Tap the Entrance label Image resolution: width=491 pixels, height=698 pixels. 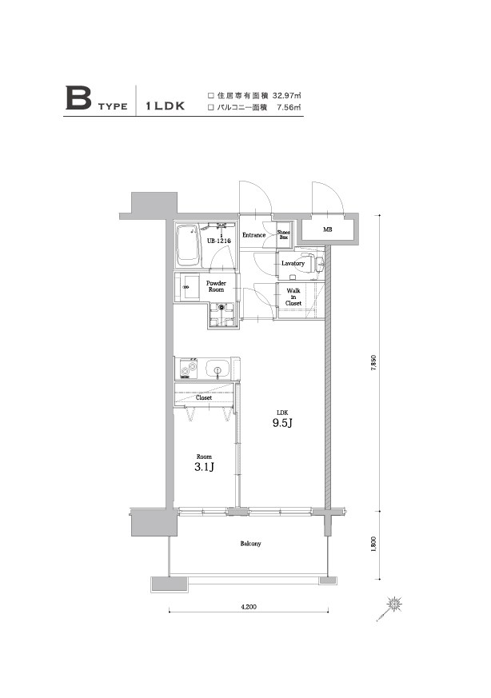click(x=255, y=235)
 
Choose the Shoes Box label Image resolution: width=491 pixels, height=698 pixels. click(x=284, y=234)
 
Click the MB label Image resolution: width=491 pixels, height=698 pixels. click(x=327, y=230)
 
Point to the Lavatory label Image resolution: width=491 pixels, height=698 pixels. click(x=292, y=263)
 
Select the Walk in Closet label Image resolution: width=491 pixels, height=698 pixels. click(x=293, y=297)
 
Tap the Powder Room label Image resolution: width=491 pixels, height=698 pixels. click(x=217, y=286)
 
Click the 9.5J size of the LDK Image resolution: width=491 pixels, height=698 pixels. click(x=280, y=423)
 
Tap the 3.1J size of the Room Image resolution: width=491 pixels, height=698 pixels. click(x=203, y=466)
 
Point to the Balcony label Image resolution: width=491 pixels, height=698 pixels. click(x=251, y=544)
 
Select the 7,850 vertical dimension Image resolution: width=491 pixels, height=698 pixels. click(x=373, y=363)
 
